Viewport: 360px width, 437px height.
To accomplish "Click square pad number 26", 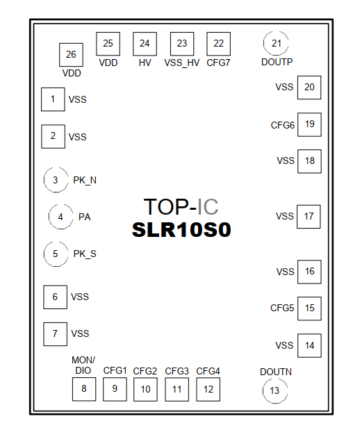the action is point(71,55).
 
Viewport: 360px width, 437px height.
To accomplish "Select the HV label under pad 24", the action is point(145,63).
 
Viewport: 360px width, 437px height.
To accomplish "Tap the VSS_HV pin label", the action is point(182,63).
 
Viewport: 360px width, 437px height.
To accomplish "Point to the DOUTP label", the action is point(277,62).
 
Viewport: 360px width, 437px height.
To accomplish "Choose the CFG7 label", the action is point(218,63).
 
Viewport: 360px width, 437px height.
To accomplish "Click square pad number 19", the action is point(309,124).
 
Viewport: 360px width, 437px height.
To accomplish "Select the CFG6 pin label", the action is point(282,125).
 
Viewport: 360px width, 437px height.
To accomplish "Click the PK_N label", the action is point(85,181).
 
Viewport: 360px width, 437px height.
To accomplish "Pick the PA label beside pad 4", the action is point(85,217).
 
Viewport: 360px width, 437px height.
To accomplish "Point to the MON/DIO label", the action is point(83,365).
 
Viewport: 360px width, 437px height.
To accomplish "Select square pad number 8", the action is point(84,389).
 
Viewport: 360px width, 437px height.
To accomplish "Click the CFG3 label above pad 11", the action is point(177,371).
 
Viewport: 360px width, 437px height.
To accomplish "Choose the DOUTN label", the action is point(276,372).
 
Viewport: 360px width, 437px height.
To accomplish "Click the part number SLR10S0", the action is point(181,230).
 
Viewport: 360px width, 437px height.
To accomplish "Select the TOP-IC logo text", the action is point(181,207).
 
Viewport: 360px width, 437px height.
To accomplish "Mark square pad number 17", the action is point(309,217).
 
